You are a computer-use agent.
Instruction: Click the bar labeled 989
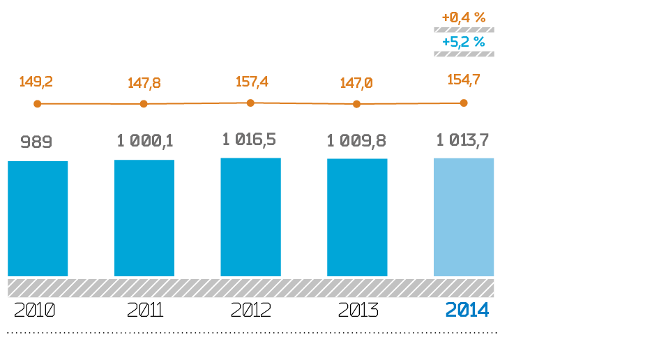(x=38, y=218)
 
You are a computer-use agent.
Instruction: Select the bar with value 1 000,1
(x=144, y=218)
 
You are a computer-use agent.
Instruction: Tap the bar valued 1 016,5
(x=250, y=217)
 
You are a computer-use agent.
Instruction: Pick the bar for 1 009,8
(x=357, y=217)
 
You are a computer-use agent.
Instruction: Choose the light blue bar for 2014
(x=464, y=217)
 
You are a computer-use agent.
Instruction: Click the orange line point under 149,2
(x=38, y=104)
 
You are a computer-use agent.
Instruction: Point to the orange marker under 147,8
(x=144, y=104)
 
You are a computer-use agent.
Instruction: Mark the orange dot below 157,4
(x=250, y=103)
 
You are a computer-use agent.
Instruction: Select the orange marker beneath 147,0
(x=356, y=104)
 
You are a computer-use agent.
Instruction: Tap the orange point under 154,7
(x=464, y=103)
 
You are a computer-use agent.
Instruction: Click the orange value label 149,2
(x=36, y=82)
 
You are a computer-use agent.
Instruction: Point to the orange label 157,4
(x=252, y=82)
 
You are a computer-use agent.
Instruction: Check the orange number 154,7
(x=464, y=80)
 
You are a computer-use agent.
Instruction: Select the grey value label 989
(x=36, y=142)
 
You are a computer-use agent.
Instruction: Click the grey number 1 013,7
(x=462, y=140)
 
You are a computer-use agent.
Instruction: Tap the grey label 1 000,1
(x=145, y=141)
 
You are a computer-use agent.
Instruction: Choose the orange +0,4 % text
(x=464, y=17)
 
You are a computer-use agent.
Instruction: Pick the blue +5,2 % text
(x=464, y=42)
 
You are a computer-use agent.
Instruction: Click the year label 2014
(x=467, y=310)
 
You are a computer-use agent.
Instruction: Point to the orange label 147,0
(x=356, y=83)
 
